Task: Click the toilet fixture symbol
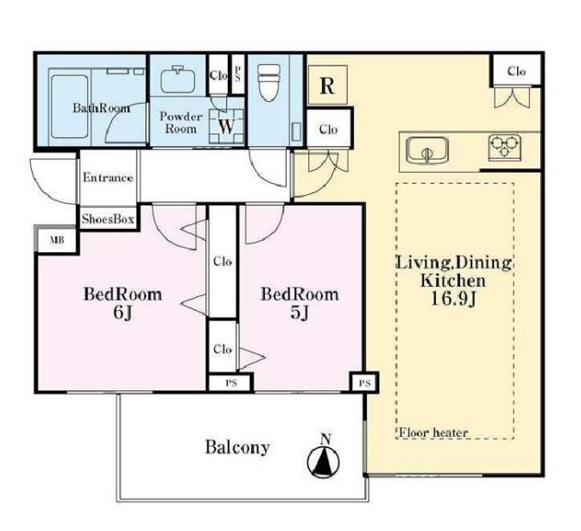click(269, 82)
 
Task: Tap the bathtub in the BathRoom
click(70, 106)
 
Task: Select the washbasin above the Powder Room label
click(178, 79)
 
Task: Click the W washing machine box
click(226, 126)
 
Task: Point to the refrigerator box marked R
click(327, 85)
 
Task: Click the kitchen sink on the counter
click(426, 149)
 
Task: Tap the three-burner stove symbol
click(504, 147)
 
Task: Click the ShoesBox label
click(108, 219)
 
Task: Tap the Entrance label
click(108, 178)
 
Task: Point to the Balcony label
click(237, 447)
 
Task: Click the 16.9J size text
click(453, 299)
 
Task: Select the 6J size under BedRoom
click(123, 313)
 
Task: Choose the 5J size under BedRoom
click(300, 313)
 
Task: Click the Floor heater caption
click(433, 433)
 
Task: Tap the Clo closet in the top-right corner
click(516, 71)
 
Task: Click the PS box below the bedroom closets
click(231, 383)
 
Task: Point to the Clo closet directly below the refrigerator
click(329, 128)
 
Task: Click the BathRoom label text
click(101, 108)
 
